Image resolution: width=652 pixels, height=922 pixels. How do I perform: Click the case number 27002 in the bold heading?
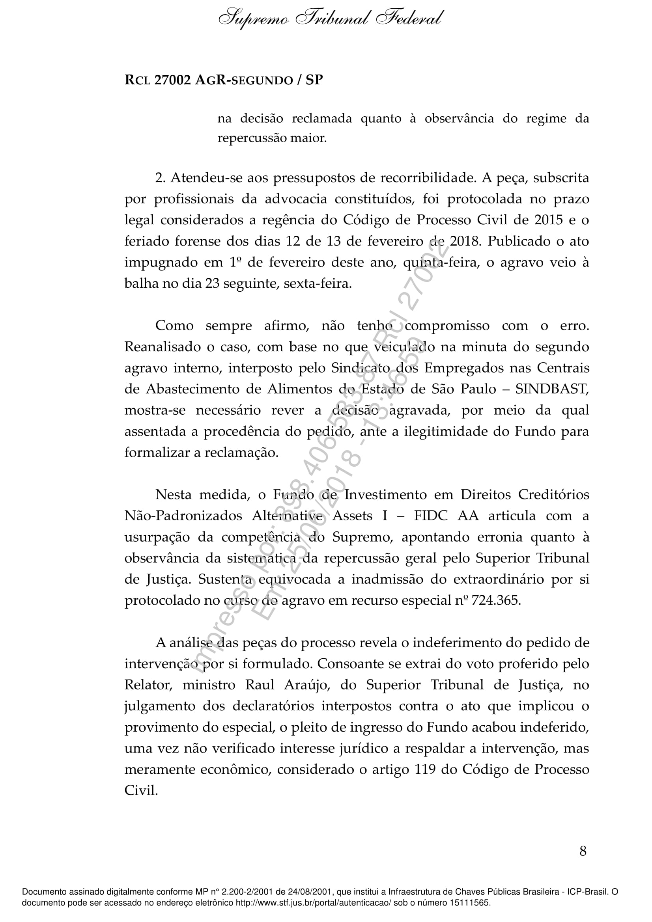point(172,80)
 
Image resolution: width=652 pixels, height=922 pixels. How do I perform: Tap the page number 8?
point(583,862)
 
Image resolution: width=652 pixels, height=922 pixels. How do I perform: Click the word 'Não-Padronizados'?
point(183,516)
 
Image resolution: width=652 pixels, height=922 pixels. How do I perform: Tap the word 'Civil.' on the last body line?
point(141,791)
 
